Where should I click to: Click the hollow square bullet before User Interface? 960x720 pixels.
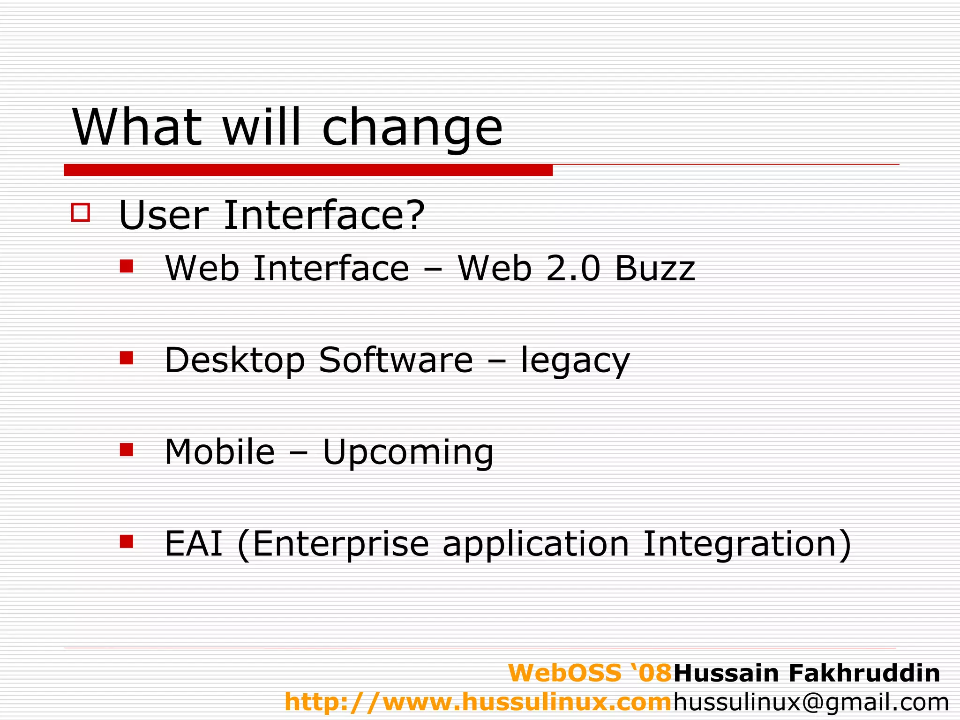(80, 212)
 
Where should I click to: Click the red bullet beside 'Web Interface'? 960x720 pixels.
(127, 266)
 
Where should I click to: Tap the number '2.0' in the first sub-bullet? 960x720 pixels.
(573, 269)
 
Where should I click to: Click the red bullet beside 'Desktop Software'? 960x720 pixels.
(127, 358)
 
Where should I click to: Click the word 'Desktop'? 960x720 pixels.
(234, 361)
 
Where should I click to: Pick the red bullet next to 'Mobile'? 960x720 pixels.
(127, 450)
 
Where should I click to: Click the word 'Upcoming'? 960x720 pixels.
(408, 453)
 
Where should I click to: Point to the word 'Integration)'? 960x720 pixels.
(746, 544)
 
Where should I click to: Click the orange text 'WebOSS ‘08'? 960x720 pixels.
(591, 673)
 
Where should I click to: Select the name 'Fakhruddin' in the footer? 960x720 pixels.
(864, 673)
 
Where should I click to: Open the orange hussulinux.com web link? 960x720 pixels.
(478, 702)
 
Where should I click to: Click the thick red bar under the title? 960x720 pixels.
(308, 170)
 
